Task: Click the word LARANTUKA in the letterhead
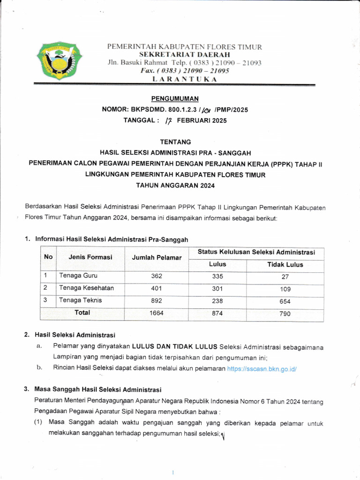185,79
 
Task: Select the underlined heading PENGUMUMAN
175,98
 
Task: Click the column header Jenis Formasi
90,257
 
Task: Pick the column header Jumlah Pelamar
157,258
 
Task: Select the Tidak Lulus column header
285,264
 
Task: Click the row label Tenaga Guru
78,275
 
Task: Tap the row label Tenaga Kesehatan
86,288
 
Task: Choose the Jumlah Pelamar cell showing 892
157,301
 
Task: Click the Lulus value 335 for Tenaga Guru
217,276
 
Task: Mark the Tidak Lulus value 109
285,289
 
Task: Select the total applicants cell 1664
157,313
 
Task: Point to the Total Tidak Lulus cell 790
285,314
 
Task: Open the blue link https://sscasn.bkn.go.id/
262,369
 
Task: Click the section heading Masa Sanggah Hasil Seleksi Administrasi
98,390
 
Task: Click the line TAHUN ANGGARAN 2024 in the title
175,186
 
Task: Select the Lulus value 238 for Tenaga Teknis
217,301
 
